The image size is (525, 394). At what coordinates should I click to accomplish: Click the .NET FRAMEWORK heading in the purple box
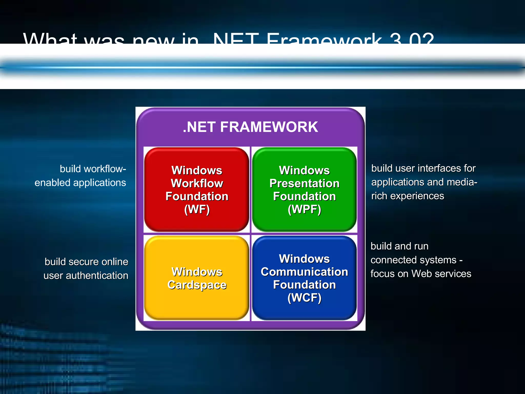[x=250, y=127]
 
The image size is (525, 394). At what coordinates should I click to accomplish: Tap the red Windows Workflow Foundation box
[x=197, y=190]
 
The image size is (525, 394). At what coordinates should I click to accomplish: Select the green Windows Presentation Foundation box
[x=304, y=190]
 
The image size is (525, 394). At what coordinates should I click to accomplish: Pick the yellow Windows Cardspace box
[x=197, y=278]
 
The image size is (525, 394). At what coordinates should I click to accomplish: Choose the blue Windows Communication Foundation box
[x=304, y=278]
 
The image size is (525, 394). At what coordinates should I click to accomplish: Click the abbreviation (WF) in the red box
[x=197, y=209]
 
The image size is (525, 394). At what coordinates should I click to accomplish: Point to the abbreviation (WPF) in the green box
[x=304, y=209]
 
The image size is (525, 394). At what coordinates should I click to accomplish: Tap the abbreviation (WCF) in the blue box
[x=304, y=298]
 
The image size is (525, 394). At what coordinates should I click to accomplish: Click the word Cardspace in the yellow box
[x=197, y=285]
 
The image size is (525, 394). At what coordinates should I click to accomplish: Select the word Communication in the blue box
[x=304, y=272]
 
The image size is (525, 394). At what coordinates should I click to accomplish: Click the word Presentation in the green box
[x=304, y=183]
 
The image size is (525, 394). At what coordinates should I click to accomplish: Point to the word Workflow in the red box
[x=197, y=183]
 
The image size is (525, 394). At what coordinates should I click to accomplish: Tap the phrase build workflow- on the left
[x=93, y=169]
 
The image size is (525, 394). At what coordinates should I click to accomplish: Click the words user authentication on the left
[x=86, y=276]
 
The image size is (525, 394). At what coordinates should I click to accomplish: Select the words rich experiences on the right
[x=408, y=196]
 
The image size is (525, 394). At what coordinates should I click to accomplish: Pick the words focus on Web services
[x=421, y=274]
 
